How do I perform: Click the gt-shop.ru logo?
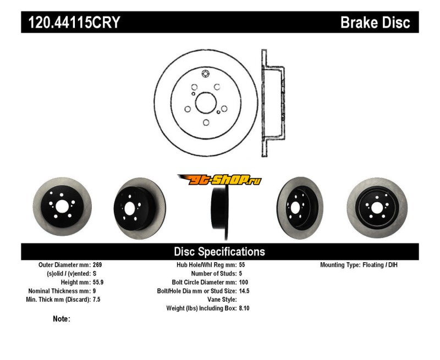[x=219, y=180]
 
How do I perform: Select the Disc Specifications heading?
[x=219, y=252]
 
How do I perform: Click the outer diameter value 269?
[x=98, y=265]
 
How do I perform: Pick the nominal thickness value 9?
[x=95, y=291]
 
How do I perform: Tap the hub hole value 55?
[x=243, y=265]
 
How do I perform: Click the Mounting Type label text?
[x=339, y=265]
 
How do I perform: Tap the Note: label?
[x=61, y=319]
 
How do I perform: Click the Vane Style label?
[x=221, y=300]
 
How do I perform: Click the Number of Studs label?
[x=214, y=273]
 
